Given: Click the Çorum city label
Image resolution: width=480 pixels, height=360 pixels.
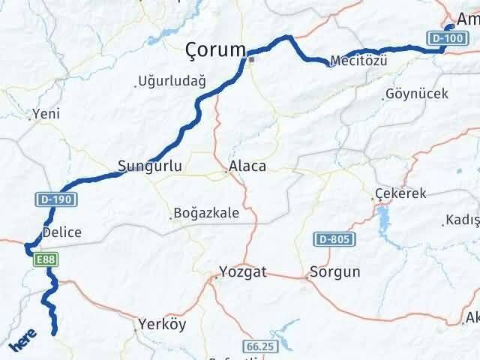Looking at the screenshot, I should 216,50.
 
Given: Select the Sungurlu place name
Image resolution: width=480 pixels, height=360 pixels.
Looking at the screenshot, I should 150,166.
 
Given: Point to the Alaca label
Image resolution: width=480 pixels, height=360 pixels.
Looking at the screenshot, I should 247,166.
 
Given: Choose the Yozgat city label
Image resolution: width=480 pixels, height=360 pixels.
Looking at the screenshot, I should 244,272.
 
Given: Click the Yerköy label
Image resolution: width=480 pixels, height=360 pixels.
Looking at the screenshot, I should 161,325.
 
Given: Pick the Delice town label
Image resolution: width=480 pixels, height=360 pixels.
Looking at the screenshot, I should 62,232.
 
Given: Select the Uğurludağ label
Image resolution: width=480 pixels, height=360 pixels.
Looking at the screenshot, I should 172,83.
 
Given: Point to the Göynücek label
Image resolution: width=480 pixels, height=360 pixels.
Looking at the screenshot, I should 416,94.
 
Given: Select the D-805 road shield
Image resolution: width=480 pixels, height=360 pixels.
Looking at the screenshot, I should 331,239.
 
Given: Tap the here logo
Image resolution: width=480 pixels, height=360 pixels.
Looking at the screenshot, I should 22,343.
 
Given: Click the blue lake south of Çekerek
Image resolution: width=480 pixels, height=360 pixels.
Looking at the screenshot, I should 385,220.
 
